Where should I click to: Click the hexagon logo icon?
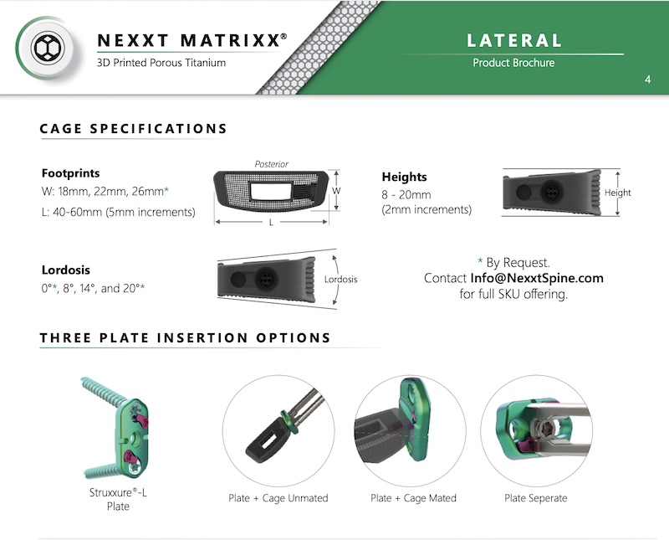click(48, 48)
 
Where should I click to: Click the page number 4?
click(647, 80)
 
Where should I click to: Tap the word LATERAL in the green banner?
click(514, 40)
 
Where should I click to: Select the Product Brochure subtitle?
click(513, 63)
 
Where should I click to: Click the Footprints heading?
click(71, 173)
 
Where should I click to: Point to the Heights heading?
click(404, 177)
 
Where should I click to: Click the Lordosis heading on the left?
click(66, 270)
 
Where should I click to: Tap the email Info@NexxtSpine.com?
click(537, 278)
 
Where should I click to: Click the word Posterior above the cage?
click(271, 164)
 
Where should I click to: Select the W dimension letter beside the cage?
click(336, 191)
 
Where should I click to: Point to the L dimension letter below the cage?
click(271, 223)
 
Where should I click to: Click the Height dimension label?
click(617, 193)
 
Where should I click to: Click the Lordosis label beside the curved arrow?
click(340, 280)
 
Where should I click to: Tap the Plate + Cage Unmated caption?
click(278, 498)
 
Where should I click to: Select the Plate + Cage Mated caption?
click(413, 498)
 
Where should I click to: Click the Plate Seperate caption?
click(536, 498)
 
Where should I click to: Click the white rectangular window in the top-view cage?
click(269, 191)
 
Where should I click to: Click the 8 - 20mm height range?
click(406, 195)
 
